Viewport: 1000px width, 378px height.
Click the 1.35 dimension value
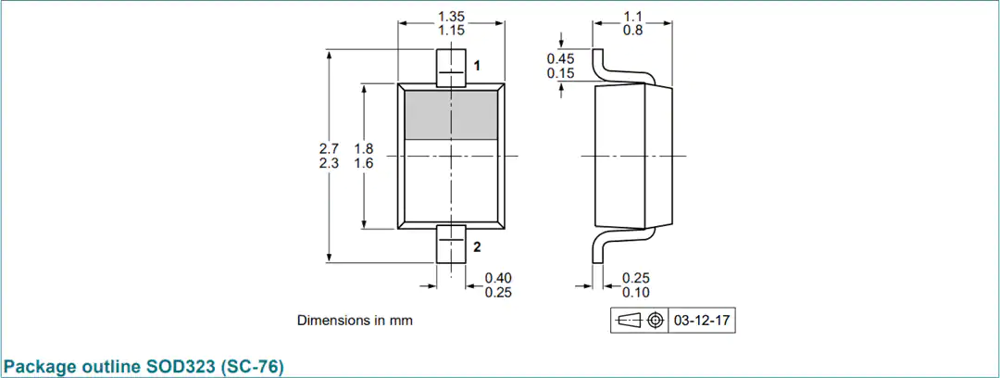point(451,16)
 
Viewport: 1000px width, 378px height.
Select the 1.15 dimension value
point(451,30)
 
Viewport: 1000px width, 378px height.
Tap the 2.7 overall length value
point(329,149)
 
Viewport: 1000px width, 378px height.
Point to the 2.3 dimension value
point(329,163)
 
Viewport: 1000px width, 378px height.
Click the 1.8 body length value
point(364,149)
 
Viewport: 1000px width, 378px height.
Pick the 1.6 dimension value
point(364,163)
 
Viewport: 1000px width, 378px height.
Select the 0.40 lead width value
point(498,278)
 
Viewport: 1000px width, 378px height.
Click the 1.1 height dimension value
point(632,16)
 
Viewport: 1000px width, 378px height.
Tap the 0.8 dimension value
point(632,30)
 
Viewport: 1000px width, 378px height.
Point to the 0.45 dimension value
point(560,58)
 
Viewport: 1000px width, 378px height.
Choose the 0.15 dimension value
point(560,73)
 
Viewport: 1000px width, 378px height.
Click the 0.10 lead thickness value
point(636,293)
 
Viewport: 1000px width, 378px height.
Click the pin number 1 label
point(477,65)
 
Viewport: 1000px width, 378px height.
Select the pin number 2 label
point(477,247)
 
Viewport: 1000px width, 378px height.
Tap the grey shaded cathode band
point(451,115)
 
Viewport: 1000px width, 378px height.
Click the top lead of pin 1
point(451,68)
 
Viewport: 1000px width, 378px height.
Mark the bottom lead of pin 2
point(451,245)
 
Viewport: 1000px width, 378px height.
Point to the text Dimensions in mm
point(355,321)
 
